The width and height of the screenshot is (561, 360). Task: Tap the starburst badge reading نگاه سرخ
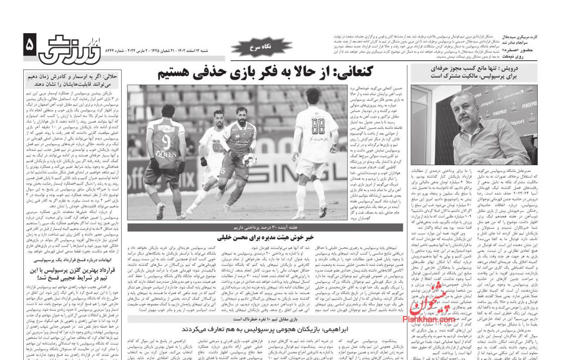tap(254, 46)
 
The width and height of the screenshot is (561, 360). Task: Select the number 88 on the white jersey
tap(318, 123)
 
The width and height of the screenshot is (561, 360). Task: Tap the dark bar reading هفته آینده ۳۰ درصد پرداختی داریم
tap(265, 227)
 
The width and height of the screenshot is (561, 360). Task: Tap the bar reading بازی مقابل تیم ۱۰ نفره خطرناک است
tap(265, 319)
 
